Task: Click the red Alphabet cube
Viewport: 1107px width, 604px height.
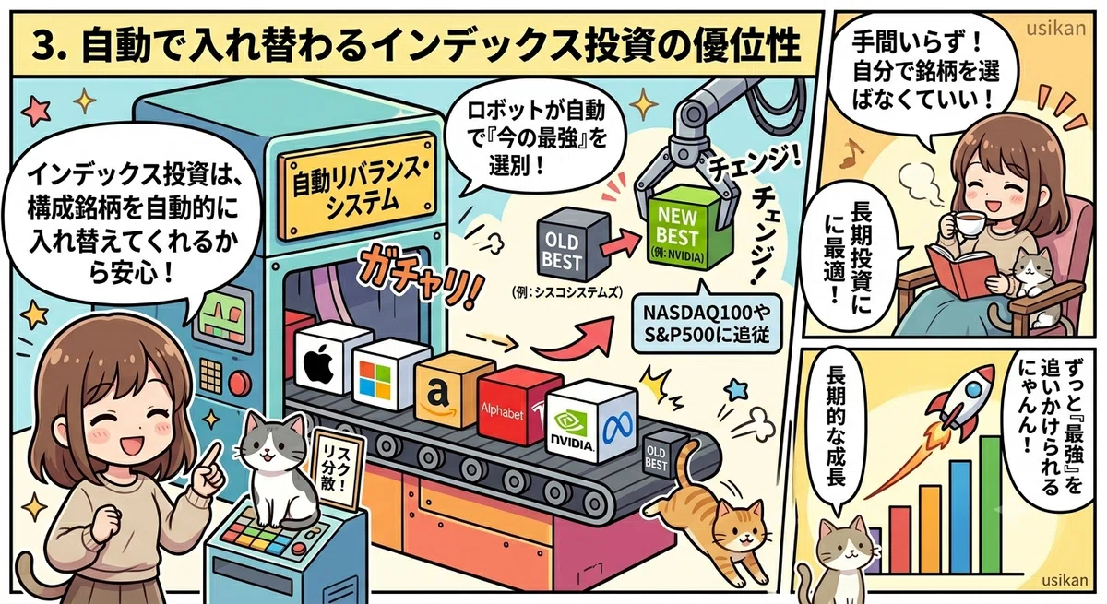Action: (518, 406)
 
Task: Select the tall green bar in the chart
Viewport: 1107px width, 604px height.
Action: (991, 504)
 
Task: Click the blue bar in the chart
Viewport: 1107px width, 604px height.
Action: (960, 516)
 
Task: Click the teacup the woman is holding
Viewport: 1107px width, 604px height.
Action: (969, 224)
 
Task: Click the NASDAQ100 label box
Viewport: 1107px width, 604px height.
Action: (707, 324)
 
